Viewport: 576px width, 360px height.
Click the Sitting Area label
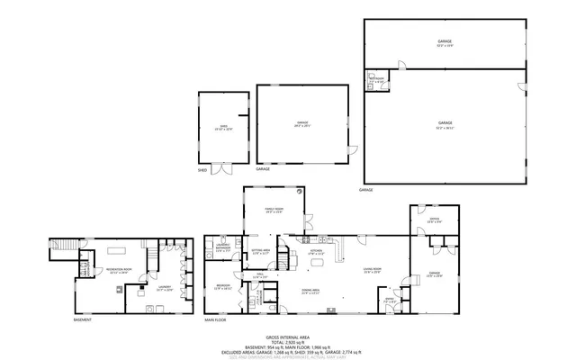click(261, 253)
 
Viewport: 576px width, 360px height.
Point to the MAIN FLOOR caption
click(216, 319)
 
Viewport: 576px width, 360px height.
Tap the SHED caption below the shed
click(202, 168)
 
